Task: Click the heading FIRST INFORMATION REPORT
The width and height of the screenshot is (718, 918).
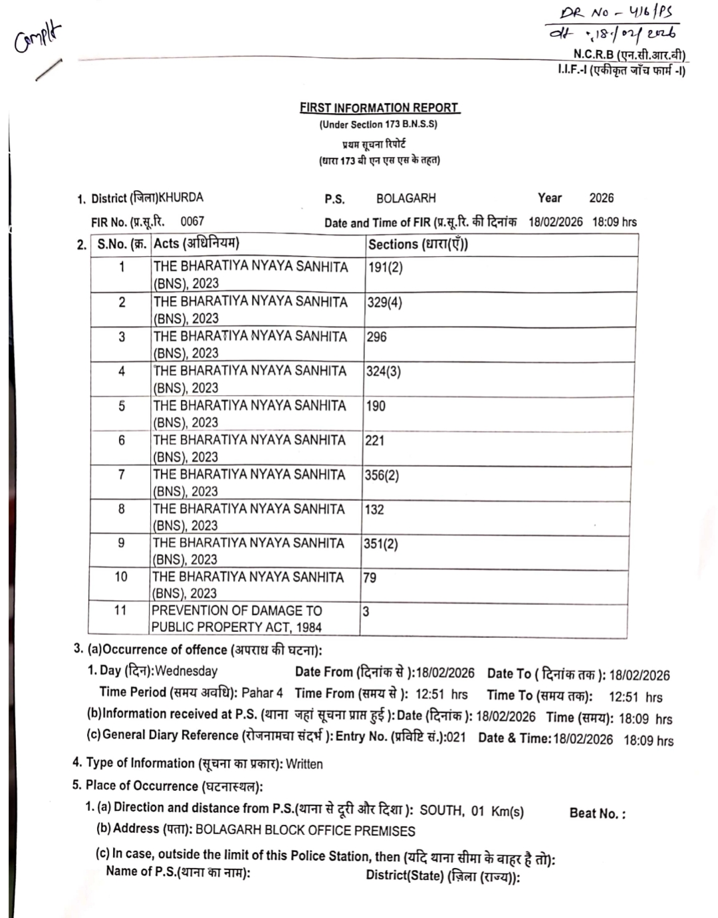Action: [379, 108]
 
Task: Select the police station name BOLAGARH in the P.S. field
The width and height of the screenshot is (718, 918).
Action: [406, 198]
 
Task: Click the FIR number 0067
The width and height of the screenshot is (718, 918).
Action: [192, 221]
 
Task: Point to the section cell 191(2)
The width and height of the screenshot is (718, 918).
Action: [385, 267]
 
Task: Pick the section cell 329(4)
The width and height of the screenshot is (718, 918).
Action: [384, 302]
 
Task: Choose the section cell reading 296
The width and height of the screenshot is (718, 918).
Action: [376, 337]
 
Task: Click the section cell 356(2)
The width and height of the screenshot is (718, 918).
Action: [382, 475]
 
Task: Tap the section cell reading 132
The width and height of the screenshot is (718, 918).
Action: [374, 509]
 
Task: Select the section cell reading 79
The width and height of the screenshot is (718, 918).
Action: [370, 577]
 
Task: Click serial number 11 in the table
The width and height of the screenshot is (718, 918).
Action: [120, 610]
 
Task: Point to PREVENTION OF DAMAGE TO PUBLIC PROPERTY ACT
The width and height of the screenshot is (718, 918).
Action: [237, 619]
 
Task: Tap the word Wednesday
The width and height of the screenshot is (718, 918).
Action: [186, 671]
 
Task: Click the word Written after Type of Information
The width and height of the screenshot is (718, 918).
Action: [304, 764]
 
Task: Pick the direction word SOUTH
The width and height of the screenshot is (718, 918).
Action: [441, 810]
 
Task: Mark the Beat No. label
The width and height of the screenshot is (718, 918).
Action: [597, 813]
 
